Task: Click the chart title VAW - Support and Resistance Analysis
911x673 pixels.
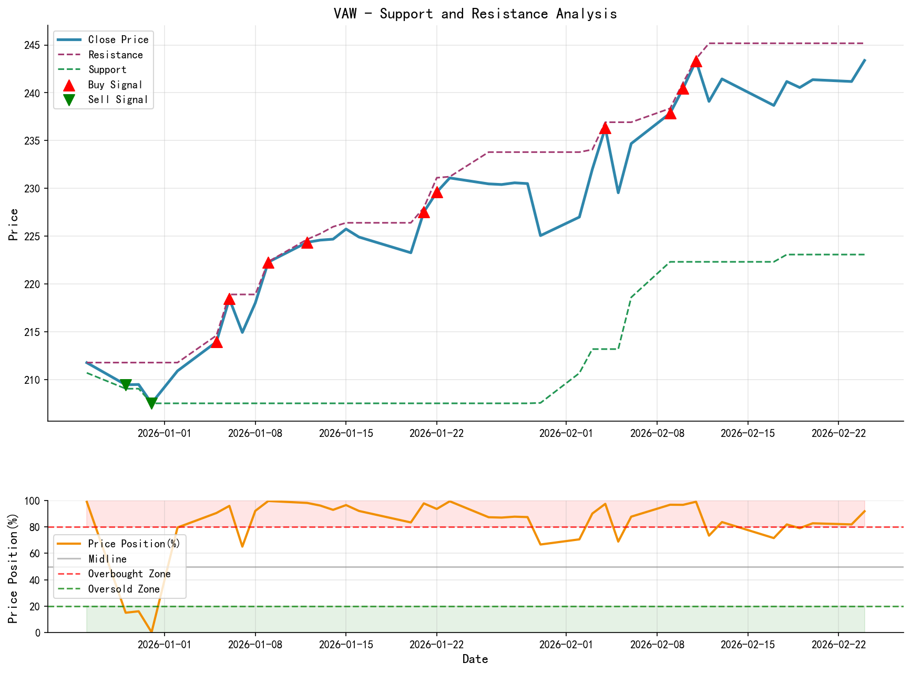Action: tap(475, 14)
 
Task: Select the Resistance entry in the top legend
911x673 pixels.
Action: tap(115, 55)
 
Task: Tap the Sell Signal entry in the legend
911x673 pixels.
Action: tap(118, 99)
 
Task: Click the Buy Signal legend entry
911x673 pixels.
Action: tap(115, 85)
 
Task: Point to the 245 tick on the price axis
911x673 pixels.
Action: tap(34, 45)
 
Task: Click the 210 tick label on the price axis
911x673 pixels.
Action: tap(34, 380)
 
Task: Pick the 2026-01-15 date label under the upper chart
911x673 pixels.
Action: tap(345, 433)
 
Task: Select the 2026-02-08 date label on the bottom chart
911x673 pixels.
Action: tap(657, 644)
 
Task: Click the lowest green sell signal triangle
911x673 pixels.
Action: tap(151, 403)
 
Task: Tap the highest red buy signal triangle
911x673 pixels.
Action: tap(696, 62)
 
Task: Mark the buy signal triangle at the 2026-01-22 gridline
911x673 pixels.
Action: tap(436, 192)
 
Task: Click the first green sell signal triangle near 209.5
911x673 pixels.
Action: tap(126, 385)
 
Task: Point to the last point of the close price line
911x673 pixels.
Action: tap(864, 60)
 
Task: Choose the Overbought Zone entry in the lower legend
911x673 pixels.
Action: tap(129, 574)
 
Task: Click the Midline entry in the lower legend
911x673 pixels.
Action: tap(107, 559)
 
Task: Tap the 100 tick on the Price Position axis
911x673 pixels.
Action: tap(33, 501)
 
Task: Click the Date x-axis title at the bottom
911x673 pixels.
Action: tap(475, 659)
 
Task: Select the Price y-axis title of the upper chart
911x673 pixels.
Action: tap(14, 224)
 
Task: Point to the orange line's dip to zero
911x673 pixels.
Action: tap(151, 631)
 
